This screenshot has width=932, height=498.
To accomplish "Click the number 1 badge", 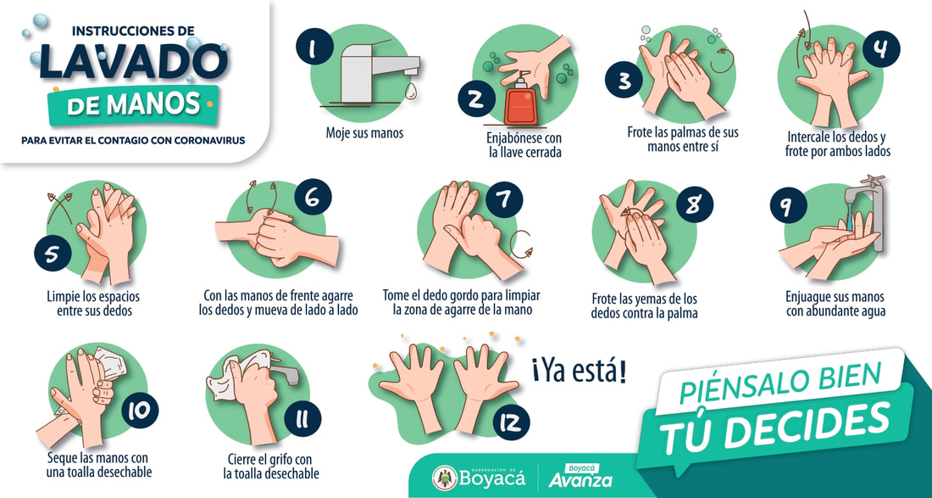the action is [x=313, y=46].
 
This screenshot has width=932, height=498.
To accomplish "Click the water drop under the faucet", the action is [x=410, y=90].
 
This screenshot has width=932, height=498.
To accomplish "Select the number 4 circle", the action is [x=881, y=49].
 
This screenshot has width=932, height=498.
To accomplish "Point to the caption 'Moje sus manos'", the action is [x=364, y=132].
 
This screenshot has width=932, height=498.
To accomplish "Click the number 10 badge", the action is [x=140, y=411].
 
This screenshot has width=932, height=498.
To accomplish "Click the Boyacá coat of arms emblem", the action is [x=445, y=477].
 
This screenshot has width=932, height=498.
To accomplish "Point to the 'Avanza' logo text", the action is [x=580, y=480].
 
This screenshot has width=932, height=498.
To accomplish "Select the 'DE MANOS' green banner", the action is [x=134, y=105].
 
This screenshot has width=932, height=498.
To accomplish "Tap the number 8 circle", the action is [x=694, y=204].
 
